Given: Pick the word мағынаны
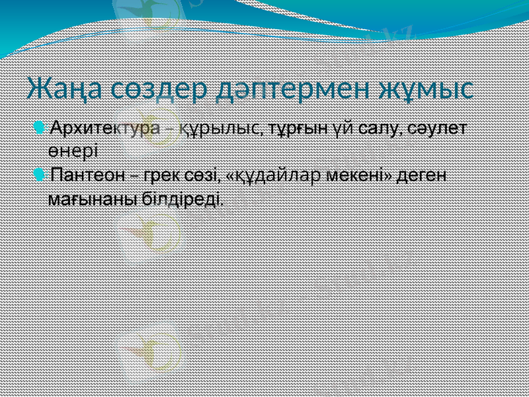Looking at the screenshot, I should point(93,198).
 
